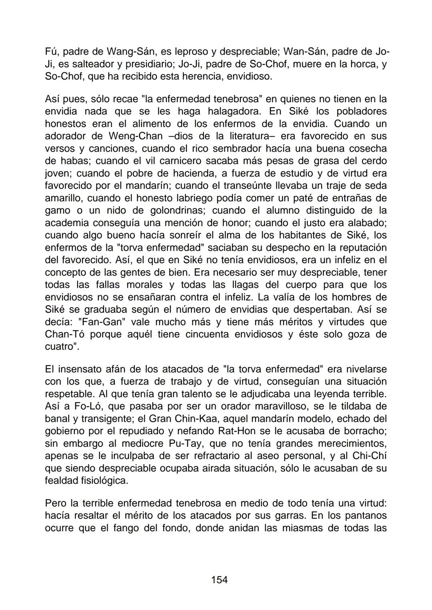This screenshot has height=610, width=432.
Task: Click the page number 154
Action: [x=219, y=580]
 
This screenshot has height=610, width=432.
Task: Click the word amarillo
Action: [x=64, y=198]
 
